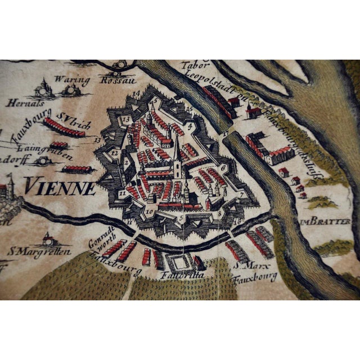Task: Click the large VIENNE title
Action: pyautogui.click(x=61, y=186)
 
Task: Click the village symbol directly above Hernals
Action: pyautogui.click(x=43, y=88)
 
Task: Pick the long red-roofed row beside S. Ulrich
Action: pyautogui.click(x=64, y=128)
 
